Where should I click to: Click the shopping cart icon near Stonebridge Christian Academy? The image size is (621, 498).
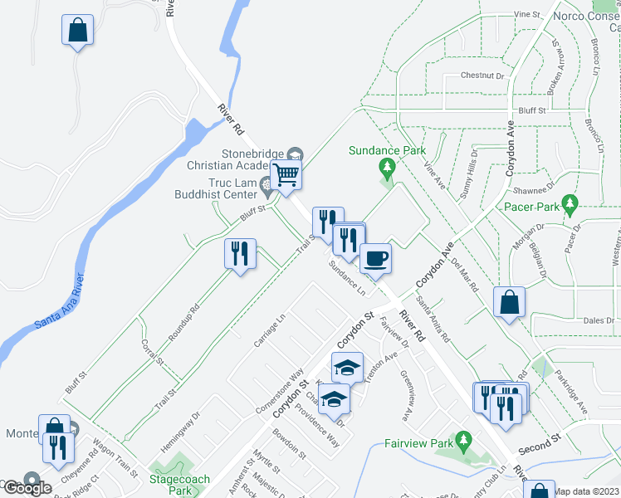(x=286, y=175)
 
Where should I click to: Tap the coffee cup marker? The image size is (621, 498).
(x=374, y=258)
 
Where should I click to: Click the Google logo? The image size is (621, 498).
(x=27, y=487)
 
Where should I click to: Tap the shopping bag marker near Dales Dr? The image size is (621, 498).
(x=508, y=302)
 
